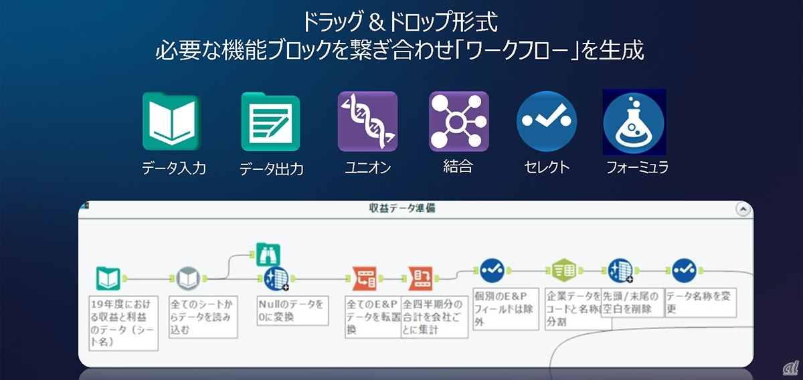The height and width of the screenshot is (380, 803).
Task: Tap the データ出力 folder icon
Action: click(270, 122)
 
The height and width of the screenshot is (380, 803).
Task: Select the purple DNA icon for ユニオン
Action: click(367, 121)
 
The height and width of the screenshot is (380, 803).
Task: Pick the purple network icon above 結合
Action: click(459, 121)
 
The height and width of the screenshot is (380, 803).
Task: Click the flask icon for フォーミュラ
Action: click(634, 122)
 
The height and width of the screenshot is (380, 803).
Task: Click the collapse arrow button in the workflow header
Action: click(742, 209)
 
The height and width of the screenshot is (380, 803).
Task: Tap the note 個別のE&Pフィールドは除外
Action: click(505, 308)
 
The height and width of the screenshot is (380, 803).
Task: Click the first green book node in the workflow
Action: click(108, 278)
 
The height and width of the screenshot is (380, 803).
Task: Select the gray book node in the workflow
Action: click(188, 277)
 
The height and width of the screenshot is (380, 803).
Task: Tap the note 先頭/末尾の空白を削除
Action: click(632, 302)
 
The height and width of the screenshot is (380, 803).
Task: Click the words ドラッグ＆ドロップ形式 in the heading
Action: click(399, 21)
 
